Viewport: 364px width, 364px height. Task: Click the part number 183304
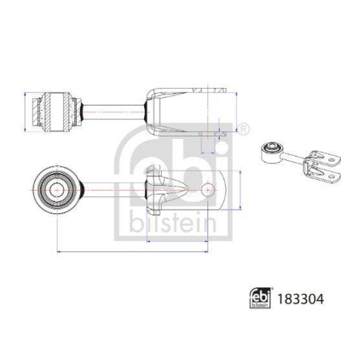pos(301,299)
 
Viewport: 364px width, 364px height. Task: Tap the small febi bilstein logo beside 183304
pos(260,298)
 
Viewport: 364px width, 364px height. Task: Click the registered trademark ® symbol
pos(243,129)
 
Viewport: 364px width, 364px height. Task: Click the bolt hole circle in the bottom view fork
pos(208,190)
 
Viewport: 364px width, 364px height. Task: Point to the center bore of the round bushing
pos(56,190)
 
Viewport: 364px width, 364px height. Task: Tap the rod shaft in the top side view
pos(114,112)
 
